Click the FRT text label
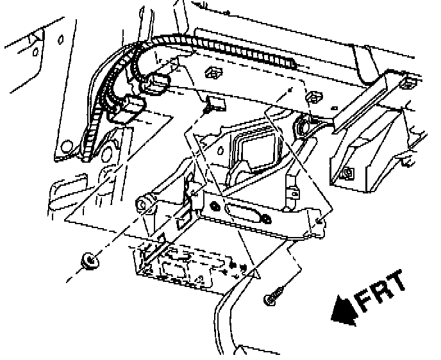(x=381, y=291)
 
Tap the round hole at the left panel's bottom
(x=107, y=154)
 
